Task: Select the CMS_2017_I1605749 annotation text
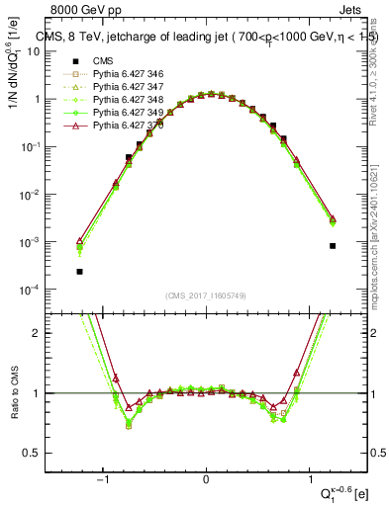click(x=205, y=295)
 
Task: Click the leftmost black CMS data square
click(x=79, y=271)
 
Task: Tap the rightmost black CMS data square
click(x=333, y=246)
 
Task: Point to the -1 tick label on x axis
click(x=103, y=476)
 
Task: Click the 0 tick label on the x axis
click(x=206, y=476)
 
